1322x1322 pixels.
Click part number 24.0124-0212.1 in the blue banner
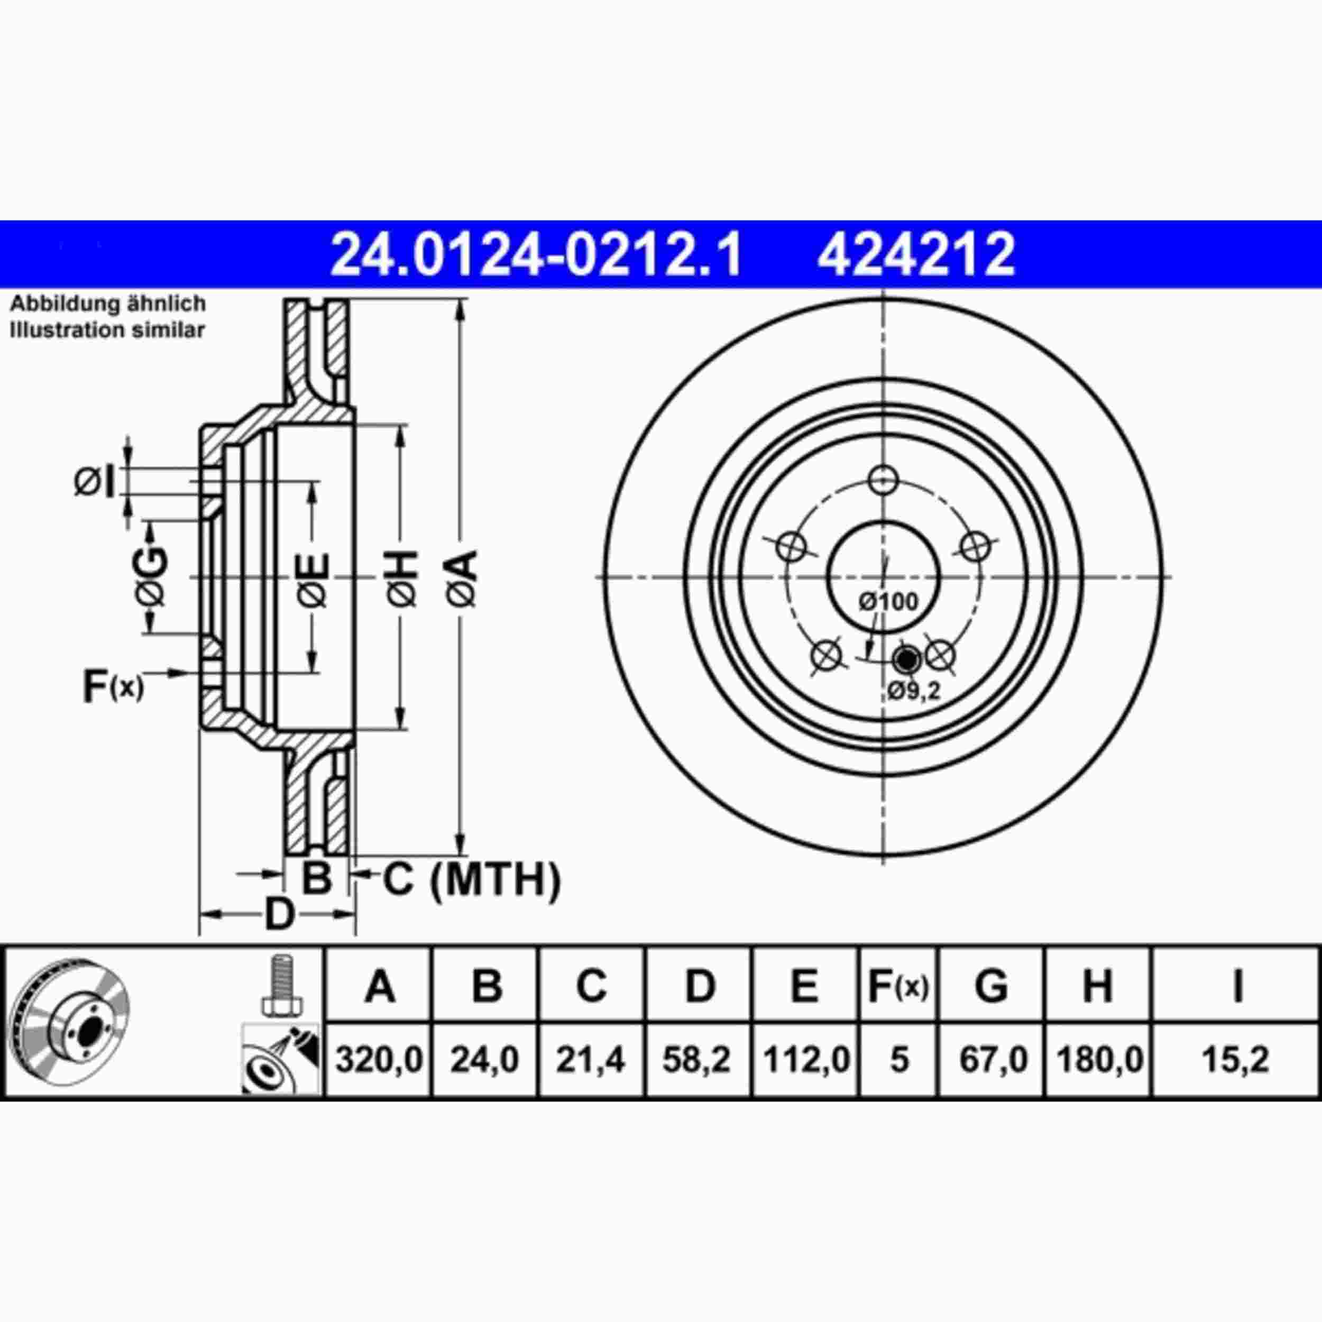(535, 254)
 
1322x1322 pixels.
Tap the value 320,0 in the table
(379, 1060)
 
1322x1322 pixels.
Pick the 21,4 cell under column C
(591, 1060)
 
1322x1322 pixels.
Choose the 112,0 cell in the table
(806, 1060)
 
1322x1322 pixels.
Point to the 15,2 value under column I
(1236, 1060)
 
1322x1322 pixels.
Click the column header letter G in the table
(992, 986)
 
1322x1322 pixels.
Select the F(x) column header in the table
(898, 986)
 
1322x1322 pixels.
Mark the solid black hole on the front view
(907, 659)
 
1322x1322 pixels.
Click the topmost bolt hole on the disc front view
(884, 480)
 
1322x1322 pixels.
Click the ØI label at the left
(95, 482)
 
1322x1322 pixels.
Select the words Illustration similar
(107, 330)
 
